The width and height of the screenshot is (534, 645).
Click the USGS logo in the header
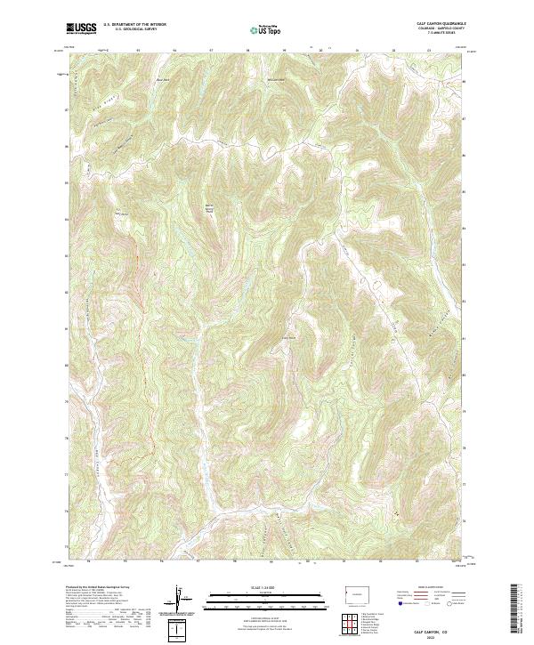pos(82,28)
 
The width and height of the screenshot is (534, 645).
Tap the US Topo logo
pos(266,31)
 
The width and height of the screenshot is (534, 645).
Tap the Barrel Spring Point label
pos(210,206)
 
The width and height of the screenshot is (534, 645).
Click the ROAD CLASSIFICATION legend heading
pos(432,587)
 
